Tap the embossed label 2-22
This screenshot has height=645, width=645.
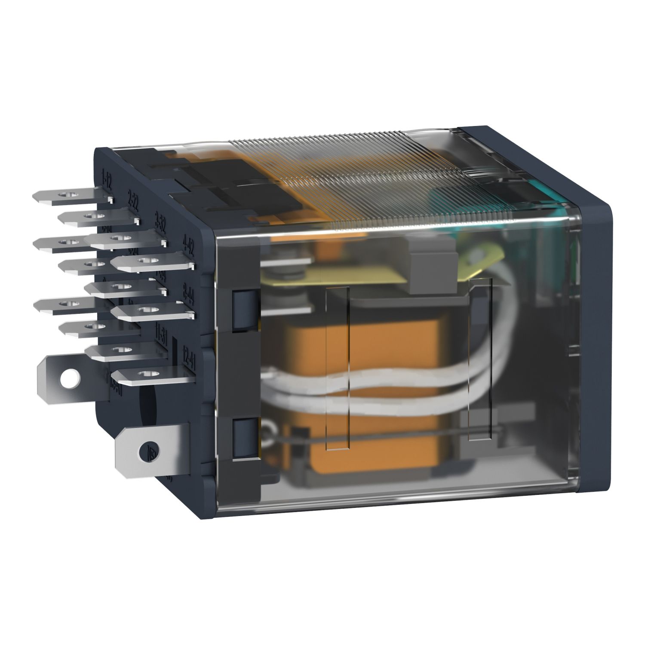pos(133,201)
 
